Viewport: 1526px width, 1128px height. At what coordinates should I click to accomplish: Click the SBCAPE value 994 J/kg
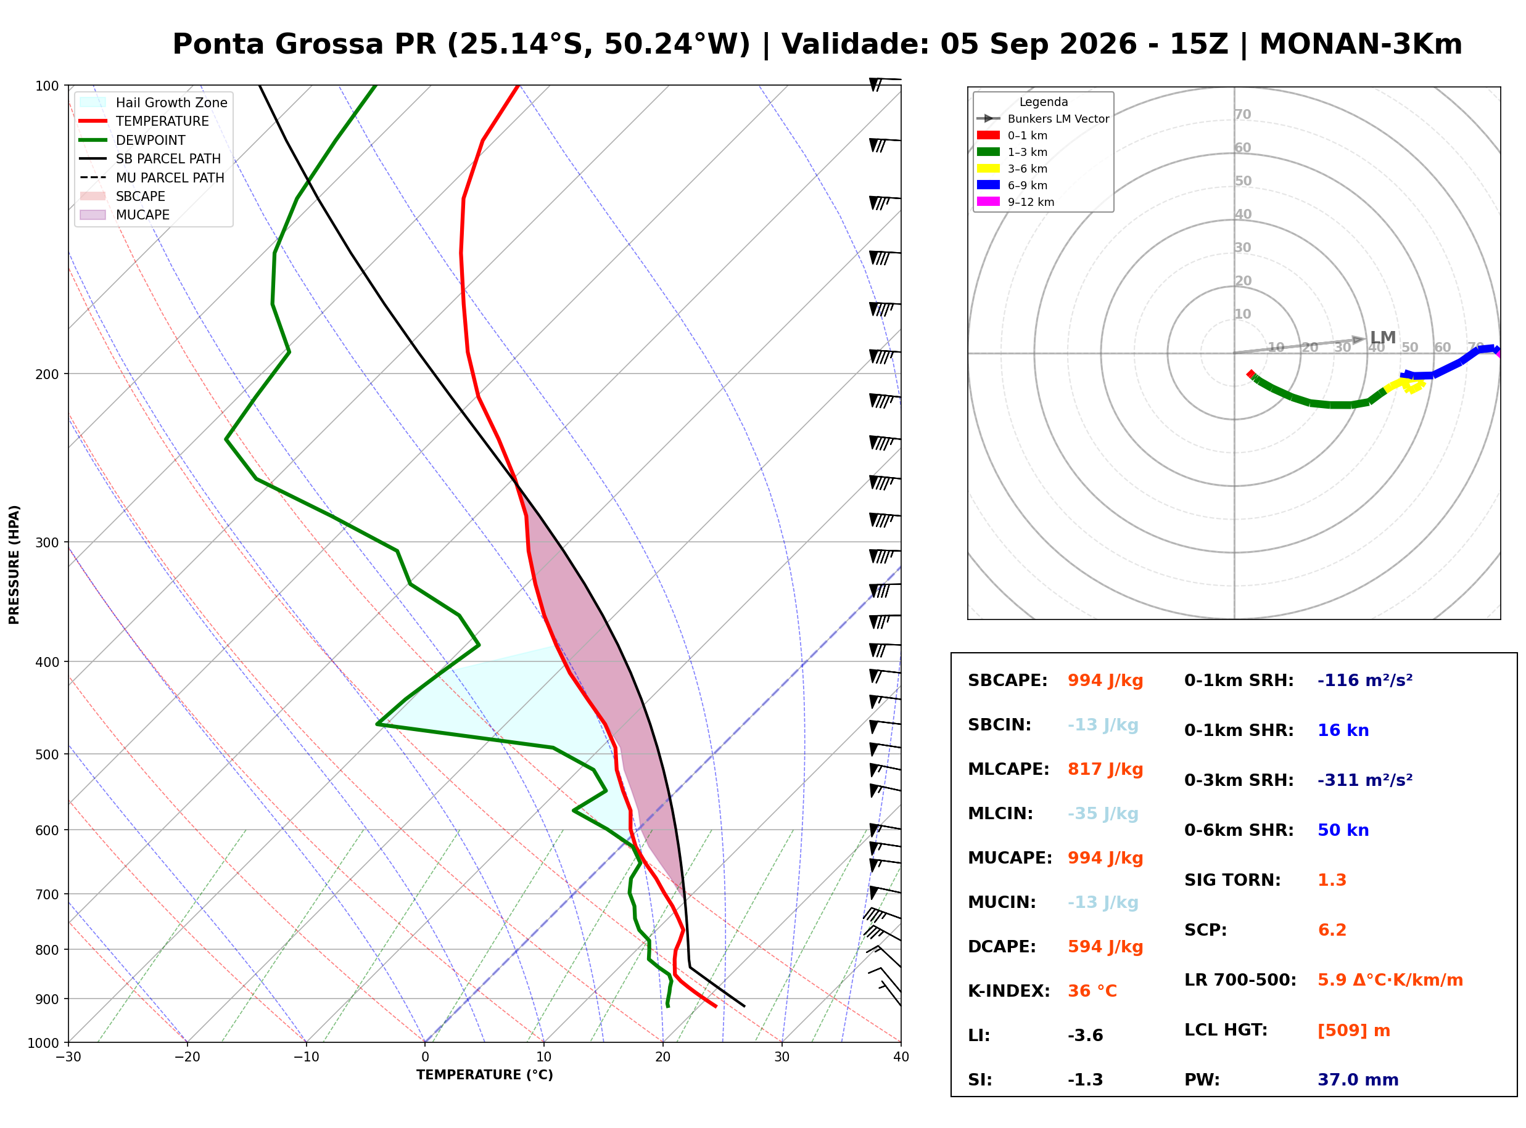click(x=1105, y=680)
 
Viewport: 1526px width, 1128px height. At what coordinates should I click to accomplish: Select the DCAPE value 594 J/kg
click(x=1105, y=947)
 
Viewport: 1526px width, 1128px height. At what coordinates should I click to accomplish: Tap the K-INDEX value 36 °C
click(x=1092, y=991)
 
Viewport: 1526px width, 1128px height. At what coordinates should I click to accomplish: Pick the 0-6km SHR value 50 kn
click(x=1342, y=830)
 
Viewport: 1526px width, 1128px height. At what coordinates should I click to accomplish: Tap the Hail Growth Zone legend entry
click(x=154, y=102)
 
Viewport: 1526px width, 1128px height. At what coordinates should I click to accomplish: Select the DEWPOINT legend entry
click(x=133, y=140)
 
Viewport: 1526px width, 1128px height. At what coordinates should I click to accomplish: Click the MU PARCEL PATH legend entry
click(x=152, y=178)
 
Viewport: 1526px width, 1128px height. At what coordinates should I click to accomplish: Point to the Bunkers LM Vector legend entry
click(x=1042, y=119)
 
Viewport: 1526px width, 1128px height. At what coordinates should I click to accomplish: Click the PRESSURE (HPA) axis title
click(x=14, y=564)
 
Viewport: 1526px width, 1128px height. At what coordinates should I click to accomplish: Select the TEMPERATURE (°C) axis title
click(x=484, y=1075)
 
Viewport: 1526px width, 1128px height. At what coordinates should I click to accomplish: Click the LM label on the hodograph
click(x=1382, y=337)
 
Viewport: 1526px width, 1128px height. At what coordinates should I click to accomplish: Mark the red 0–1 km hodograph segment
click(x=1250, y=374)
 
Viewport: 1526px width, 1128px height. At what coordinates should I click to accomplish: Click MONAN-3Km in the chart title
click(x=1360, y=44)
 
